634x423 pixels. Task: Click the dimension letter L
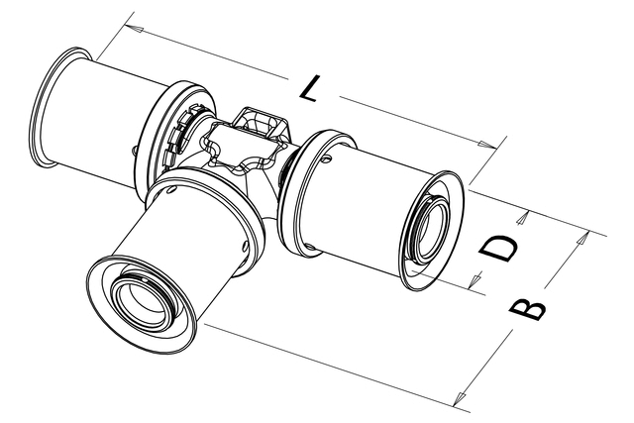[x=309, y=88]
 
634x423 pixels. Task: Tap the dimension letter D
[x=498, y=249]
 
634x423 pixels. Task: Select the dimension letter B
[x=527, y=309]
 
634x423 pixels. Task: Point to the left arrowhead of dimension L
[x=134, y=29]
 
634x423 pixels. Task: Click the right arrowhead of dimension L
[x=487, y=144]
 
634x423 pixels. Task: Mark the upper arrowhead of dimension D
[x=523, y=218]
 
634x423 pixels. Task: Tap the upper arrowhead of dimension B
[x=581, y=238]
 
